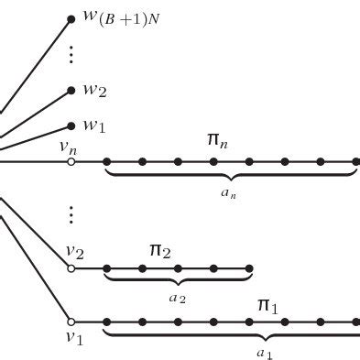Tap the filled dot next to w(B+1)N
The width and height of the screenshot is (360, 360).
[71, 18]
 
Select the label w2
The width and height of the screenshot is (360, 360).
[95, 92]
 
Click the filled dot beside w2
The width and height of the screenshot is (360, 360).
[71, 91]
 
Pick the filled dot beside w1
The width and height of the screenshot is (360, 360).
[71, 125]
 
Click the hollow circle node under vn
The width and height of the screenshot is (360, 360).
[71, 162]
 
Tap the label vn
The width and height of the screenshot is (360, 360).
[68, 145]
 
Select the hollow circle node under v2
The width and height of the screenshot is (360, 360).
[71, 268]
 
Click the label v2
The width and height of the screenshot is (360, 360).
[74, 251]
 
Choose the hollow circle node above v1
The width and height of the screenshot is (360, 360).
[71, 322]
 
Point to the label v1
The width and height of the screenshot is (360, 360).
[73, 339]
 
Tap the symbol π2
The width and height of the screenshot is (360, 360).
[159, 249]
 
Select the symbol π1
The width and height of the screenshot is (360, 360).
[267, 303]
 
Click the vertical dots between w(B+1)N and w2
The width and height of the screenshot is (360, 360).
[71, 54]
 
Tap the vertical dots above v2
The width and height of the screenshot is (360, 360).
[71, 215]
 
